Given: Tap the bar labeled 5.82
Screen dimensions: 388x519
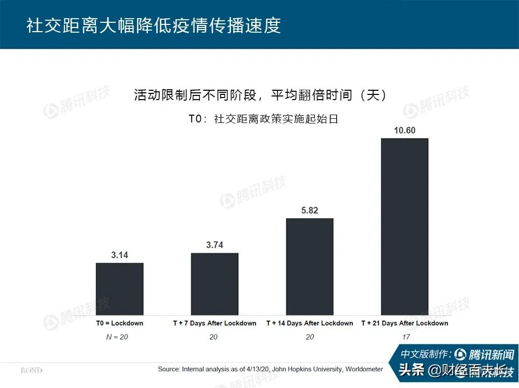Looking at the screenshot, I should pos(310,266).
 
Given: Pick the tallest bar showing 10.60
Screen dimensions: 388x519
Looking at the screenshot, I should pos(405,226).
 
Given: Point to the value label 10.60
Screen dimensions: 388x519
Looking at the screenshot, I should pos(405,130).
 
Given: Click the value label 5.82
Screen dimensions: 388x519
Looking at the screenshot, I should pos(310,210).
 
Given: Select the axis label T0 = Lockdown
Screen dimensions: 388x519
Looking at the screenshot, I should pos(119,323).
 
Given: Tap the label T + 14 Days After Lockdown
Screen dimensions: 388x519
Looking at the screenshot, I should pos(310,323).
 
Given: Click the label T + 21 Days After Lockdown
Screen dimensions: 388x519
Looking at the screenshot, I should pos(405,323).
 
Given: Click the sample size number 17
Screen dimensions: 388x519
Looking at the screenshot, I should pos(405,337).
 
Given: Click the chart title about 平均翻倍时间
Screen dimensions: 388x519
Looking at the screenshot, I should pos(259,95).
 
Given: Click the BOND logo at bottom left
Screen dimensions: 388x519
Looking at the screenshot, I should pos(31,370).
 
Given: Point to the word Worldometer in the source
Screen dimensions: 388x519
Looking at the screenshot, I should pos(364,369).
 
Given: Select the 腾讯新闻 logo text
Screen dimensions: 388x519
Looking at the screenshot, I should pos(490,355).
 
